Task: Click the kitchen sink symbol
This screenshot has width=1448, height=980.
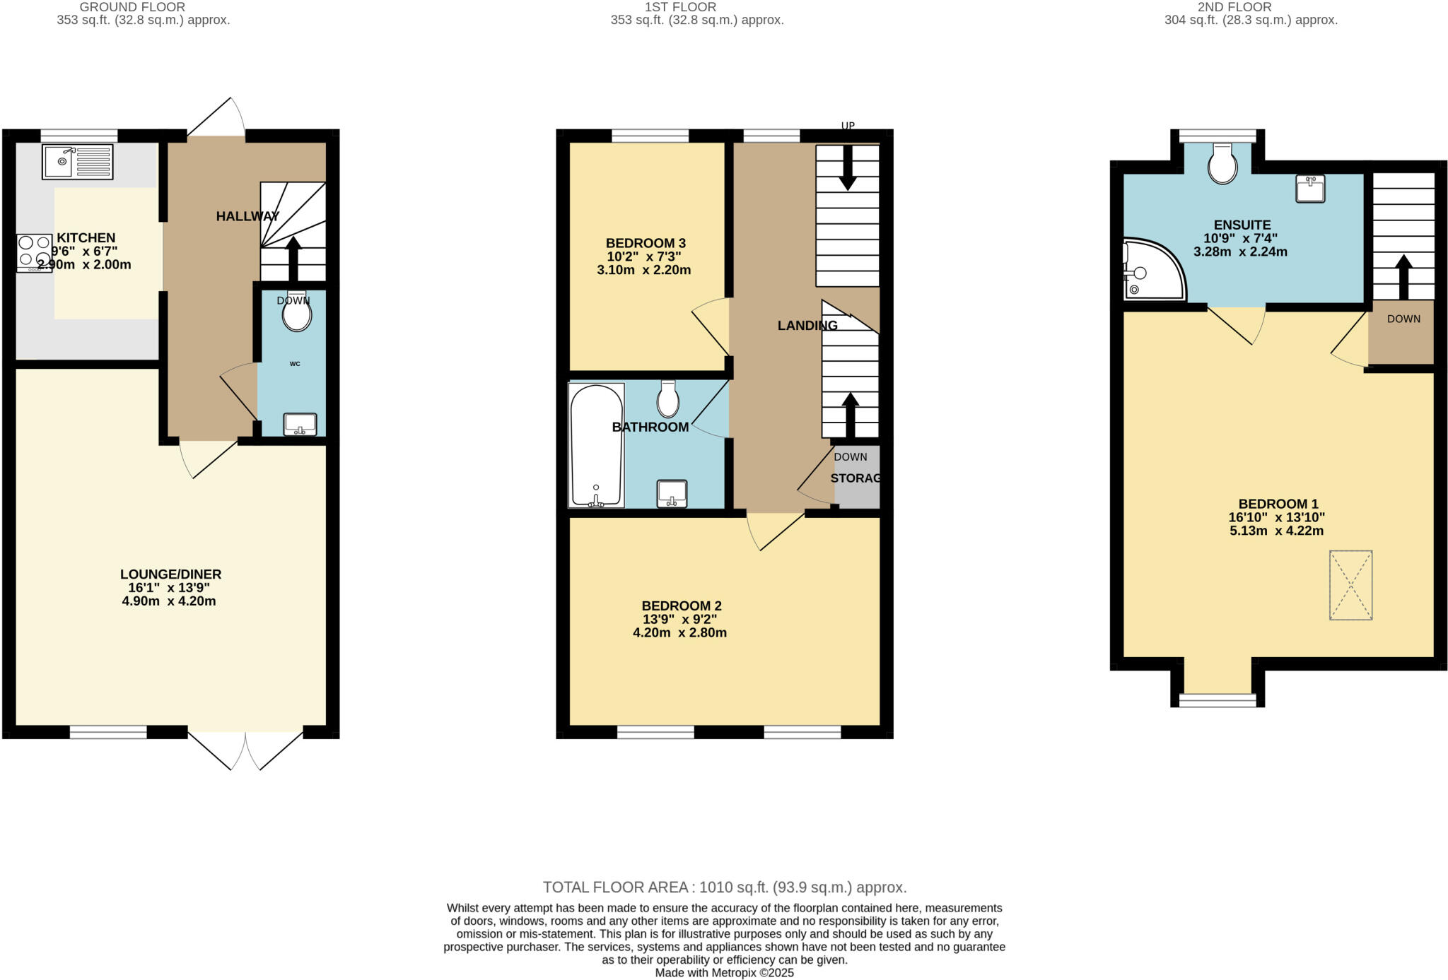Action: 77,162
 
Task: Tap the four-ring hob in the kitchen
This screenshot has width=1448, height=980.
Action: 34,252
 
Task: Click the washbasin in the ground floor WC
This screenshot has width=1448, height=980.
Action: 300,424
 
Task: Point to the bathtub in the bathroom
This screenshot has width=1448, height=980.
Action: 596,445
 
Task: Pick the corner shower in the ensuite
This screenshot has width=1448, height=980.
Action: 1151,270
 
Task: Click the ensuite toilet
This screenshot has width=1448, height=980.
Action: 1222,164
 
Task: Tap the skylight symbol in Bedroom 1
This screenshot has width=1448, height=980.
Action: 1350,585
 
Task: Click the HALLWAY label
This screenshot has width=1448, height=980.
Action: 247,216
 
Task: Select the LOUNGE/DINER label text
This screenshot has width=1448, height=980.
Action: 170,574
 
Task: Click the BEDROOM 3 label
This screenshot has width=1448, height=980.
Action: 646,243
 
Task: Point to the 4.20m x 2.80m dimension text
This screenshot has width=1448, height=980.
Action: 679,633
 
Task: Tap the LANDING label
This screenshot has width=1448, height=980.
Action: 807,326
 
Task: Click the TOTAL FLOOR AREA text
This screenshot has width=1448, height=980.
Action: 724,887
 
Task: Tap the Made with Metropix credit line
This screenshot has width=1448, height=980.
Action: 724,973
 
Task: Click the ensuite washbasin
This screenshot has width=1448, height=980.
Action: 1309,189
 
